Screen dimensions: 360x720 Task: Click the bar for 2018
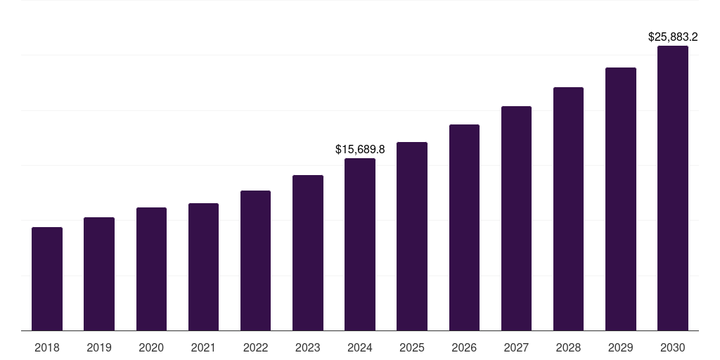(x=47, y=279)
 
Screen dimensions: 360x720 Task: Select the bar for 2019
(x=99, y=274)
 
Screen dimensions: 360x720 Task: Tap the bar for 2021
(x=203, y=267)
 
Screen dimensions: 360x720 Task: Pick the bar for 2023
(x=308, y=253)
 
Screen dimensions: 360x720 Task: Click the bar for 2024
(x=360, y=245)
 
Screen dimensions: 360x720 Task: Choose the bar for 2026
(x=464, y=228)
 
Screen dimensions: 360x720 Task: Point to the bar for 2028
(x=568, y=209)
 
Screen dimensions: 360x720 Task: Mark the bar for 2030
(x=673, y=188)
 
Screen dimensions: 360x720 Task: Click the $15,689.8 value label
(x=360, y=150)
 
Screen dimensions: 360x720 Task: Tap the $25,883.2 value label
(x=673, y=37)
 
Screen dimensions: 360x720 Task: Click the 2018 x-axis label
(x=47, y=347)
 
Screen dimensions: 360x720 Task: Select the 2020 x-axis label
(x=151, y=347)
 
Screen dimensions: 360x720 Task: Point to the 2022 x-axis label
(x=255, y=347)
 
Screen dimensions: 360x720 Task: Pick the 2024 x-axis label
(x=360, y=347)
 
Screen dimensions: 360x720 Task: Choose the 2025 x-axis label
(x=412, y=347)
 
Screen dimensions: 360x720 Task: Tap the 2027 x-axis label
(x=516, y=347)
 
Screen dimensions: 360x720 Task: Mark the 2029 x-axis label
(x=621, y=347)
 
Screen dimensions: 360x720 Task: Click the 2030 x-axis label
(x=673, y=347)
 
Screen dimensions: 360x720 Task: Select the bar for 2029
(x=621, y=199)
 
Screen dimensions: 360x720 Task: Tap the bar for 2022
(x=255, y=261)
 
